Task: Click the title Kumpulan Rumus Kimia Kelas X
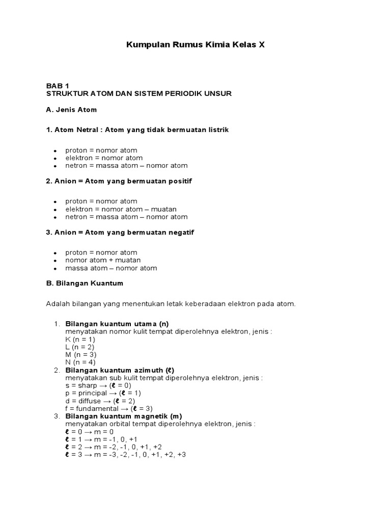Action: pyautogui.click(x=195, y=45)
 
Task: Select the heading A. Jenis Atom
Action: pyautogui.click(x=71, y=110)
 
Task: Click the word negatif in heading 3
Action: pyautogui.click(x=182, y=232)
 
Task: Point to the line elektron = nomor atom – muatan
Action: pyautogui.click(x=121, y=209)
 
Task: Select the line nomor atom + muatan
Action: pyautogui.click(x=103, y=260)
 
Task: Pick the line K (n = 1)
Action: pyautogui.click(x=80, y=339)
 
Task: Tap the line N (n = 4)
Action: pyautogui.click(x=80, y=362)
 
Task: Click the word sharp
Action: pyautogui.click(x=88, y=385)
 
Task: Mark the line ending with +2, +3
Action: pyautogui.click(x=125, y=454)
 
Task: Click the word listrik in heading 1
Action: pyautogui.click(x=217, y=130)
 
